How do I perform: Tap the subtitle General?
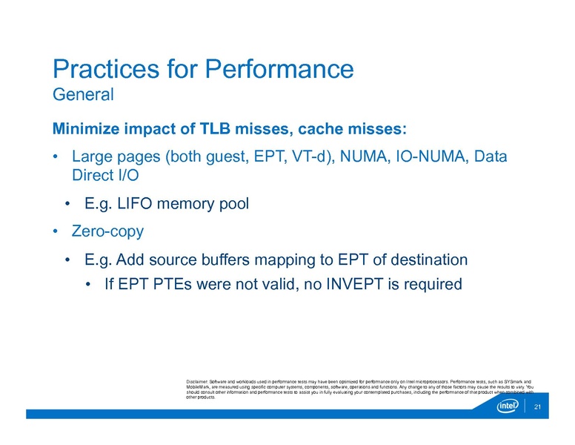click(x=82, y=95)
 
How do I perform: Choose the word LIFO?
click(x=133, y=204)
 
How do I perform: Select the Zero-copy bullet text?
click(x=107, y=231)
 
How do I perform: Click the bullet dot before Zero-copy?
click(x=56, y=231)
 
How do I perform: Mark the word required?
click(x=431, y=284)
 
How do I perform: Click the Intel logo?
click(x=508, y=407)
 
